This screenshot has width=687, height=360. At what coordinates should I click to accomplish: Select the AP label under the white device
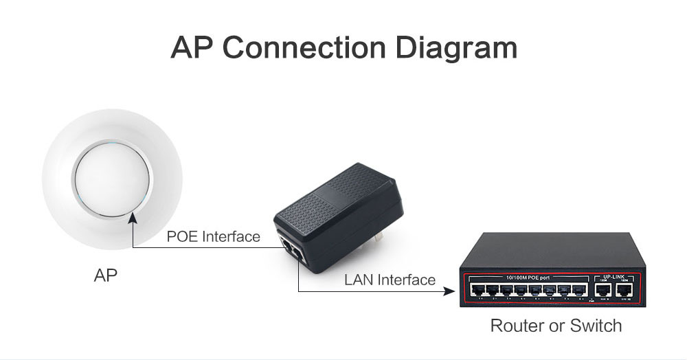click(105, 275)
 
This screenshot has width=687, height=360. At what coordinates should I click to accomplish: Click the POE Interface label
click(213, 237)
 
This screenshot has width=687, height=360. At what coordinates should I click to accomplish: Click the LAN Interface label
click(390, 280)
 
